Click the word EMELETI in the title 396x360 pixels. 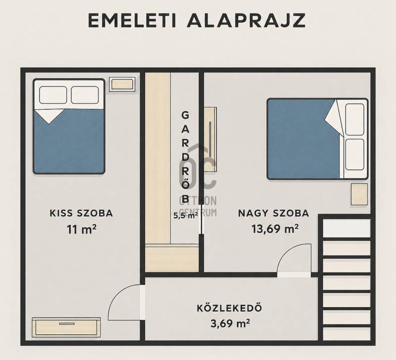click(x=131, y=20)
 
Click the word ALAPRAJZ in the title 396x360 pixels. click(x=246, y=20)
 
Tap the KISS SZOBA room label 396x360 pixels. click(x=81, y=214)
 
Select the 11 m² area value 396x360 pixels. click(x=81, y=229)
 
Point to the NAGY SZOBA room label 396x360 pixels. click(x=274, y=214)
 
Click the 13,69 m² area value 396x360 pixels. click(x=275, y=229)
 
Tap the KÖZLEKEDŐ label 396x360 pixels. click(x=229, y=308)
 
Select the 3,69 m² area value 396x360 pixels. click(x=230, y=323)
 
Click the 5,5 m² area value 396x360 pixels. click(x=185, y=216)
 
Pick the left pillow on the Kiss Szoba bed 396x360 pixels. click(x=53, y=95)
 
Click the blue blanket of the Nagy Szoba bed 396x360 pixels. click(x=302, y=139)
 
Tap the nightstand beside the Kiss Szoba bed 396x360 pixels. click(x=122, y=84)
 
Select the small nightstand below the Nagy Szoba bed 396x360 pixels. click(x=359, y=194)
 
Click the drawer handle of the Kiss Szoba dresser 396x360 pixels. click(x=66, y=323)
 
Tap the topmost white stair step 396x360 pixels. click(x=347, y=228)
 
